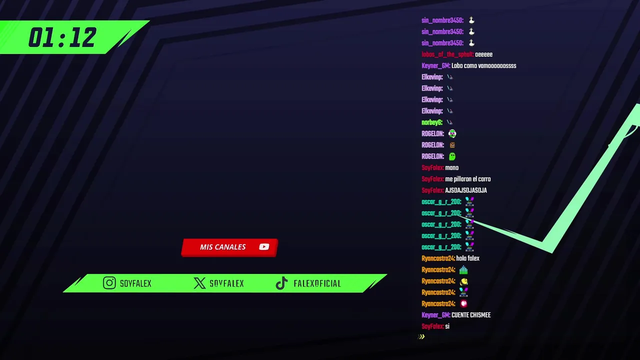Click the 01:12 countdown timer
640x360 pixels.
click(x=62, y=38)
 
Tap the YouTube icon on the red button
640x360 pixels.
click(x=264, y=246)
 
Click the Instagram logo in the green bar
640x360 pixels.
click(x=109, y=283)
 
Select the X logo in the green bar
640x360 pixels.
click(x=199, y=283)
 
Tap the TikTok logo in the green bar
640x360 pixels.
click(x=281, y=283)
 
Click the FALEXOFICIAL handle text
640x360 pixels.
click(x=317, y=283)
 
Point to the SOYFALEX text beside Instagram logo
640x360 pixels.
click(x=135, y=283)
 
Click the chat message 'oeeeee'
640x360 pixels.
click(x=483, y=54)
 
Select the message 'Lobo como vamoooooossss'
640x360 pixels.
click(x=483, y=66)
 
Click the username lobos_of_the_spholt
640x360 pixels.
click(x=447, y=54)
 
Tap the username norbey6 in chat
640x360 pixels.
click(x=431, y=122)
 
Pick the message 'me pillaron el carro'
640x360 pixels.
click(x=467, y=179)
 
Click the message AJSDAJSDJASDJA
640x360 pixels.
click(x=465, y=190)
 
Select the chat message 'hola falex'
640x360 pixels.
click(x=467, y=258)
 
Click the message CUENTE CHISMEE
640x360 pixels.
click(x=470, y=315)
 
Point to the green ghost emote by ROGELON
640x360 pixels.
click(x=452, y=156)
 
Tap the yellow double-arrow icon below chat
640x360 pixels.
click(x=421, y=336)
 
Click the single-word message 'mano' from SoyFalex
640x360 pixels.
click(x=451, y=168)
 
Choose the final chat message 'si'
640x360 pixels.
click(x=447, y=326)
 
